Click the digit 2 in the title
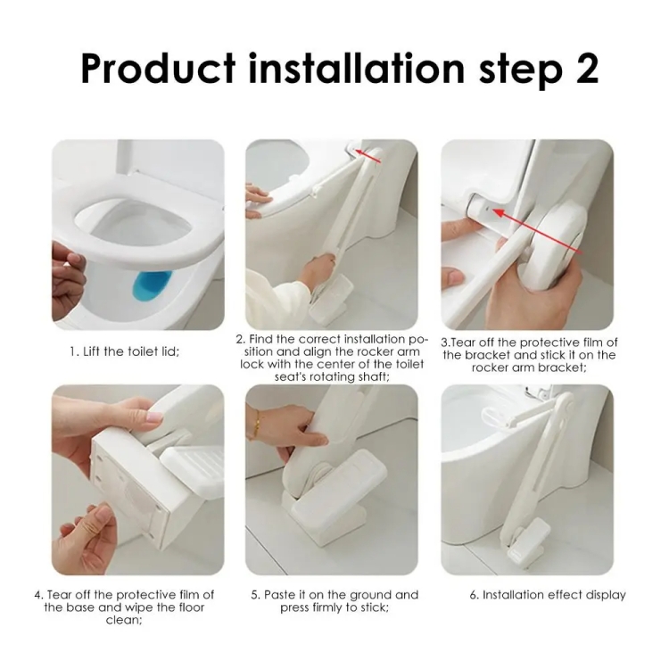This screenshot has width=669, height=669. [x=583, y=68]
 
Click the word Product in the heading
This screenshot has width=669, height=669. [x=157, y=68]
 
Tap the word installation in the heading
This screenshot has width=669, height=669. [x=356, y=68]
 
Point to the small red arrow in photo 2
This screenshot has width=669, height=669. [x=368, y=156]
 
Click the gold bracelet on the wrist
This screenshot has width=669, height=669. [x=257, y=424]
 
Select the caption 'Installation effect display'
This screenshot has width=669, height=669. [x=548, y=595]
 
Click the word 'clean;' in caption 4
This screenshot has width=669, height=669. [x=124, y=620]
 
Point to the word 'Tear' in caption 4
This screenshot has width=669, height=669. [x=58, y=595]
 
